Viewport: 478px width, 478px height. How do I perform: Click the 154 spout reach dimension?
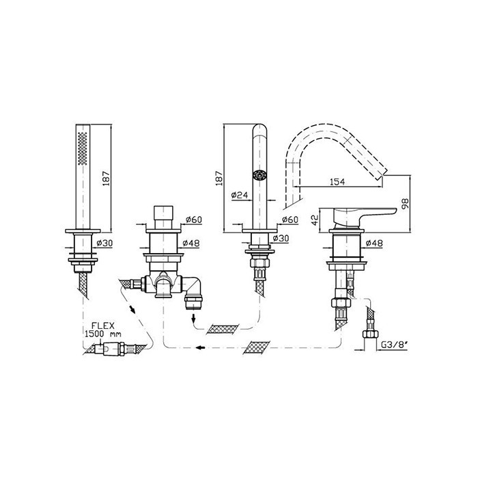(337, 182)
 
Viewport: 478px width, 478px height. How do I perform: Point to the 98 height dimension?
(406, 203)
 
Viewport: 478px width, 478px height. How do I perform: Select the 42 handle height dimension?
(315, 219)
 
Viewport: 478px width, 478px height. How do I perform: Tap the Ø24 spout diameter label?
(240, 195)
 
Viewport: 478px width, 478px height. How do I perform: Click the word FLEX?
(103, 326)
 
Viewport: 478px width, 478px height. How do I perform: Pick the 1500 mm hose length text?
(102, 334)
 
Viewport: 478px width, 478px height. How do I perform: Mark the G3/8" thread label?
(395, 345)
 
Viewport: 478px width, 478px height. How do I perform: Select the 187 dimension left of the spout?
(219, 178)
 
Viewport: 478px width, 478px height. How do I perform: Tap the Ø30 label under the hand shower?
(104, 243)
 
